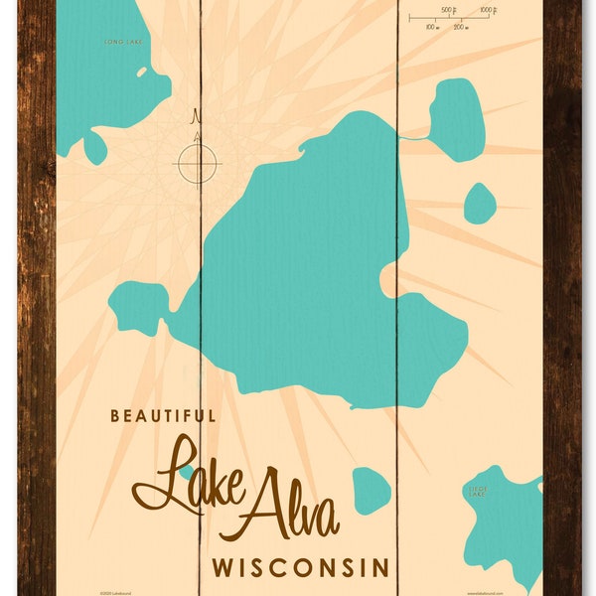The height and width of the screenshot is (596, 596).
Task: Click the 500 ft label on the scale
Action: click(x=448, y=10)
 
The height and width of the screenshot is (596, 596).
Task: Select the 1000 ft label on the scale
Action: click(x=487, y=10)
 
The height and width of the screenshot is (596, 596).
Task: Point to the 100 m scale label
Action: click(x=432, y=27)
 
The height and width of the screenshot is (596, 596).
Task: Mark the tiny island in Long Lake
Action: click(x=141, y=73)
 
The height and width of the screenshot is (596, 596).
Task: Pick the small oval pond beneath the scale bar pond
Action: click(x=480, y=203)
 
